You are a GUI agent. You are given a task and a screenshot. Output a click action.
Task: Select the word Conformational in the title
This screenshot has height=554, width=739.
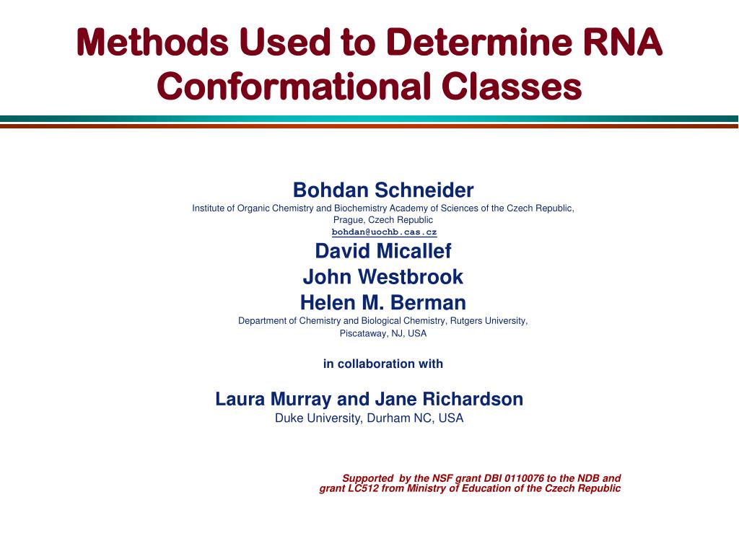294,87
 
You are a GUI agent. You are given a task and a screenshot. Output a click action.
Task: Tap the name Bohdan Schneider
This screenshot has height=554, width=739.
383,190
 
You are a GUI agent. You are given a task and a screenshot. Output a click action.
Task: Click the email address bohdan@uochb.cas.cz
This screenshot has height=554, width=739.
384,232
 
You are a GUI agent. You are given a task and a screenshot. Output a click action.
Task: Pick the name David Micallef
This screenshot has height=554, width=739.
383,251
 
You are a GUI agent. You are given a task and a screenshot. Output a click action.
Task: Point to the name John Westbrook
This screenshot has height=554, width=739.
383,277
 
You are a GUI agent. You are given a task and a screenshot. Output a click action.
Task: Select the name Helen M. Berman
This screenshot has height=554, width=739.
383,302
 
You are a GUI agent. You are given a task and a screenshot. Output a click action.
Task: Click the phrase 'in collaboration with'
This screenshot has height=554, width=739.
383,364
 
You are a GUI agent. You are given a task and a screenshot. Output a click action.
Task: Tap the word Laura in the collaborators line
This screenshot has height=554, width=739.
240,399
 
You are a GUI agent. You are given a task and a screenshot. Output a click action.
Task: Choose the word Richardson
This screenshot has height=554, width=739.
473,399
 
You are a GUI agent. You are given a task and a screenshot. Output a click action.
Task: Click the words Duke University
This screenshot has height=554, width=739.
318,418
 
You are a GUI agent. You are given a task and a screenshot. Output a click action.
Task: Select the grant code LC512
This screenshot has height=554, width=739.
364,488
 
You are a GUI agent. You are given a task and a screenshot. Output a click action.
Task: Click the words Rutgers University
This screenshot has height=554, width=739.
489,321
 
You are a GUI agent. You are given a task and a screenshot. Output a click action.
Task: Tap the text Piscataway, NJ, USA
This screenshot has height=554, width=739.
383,333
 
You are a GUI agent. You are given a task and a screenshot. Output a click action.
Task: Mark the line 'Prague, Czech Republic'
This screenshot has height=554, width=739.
383,220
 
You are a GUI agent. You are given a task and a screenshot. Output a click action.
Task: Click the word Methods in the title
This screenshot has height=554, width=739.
153,42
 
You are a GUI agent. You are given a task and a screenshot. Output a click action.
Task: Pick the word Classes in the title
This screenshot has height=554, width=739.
512,87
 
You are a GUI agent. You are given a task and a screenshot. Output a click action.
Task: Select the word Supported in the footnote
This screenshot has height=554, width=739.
367,479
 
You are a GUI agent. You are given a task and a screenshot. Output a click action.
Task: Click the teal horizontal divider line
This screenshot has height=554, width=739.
369,119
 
